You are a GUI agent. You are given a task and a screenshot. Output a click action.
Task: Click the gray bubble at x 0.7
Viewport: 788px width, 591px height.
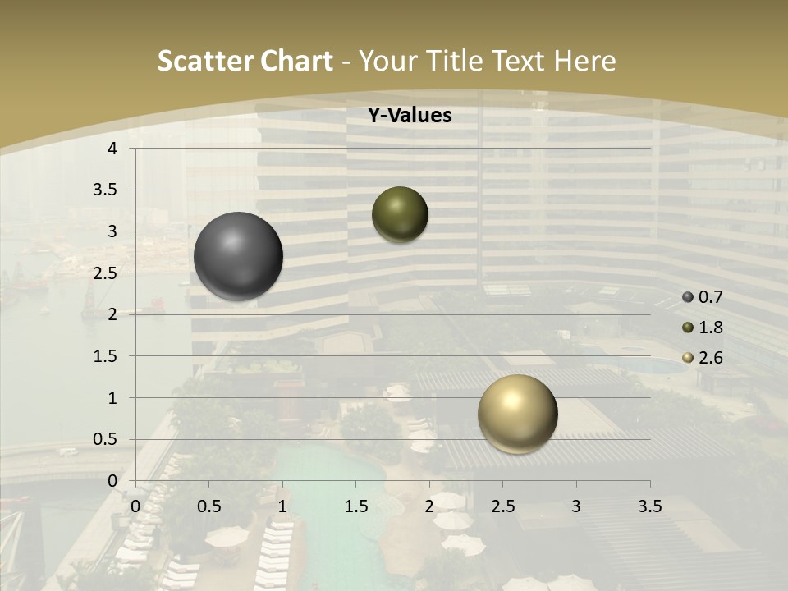(x=238, y=256)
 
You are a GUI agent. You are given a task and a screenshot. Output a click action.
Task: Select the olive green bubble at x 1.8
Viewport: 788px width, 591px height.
(x=400, y=214)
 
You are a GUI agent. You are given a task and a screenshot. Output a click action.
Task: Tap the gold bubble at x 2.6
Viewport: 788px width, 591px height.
(x=517, y=414)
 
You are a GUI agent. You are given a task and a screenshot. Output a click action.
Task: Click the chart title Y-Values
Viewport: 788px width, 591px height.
(x=410, y=116)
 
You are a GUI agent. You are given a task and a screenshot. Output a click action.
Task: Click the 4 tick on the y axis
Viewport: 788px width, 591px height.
(x=112, y=149)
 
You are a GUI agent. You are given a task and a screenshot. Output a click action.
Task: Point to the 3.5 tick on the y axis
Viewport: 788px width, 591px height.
(x=107, y=190)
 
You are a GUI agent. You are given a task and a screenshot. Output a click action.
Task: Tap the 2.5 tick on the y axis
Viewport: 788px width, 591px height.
(x=107, y=273)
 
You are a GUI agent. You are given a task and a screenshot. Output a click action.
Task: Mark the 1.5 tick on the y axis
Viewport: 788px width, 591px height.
(x=107, y=356)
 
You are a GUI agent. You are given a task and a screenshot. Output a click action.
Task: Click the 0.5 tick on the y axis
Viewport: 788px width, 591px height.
(x=107, y=439)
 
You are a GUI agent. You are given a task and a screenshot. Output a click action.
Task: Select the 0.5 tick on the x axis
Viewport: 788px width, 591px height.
(x=208, y=506)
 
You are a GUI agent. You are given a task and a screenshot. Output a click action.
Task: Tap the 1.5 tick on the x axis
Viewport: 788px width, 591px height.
(x=355, y=506)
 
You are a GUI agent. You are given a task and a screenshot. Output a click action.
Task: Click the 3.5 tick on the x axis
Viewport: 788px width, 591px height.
(x=649, y=506)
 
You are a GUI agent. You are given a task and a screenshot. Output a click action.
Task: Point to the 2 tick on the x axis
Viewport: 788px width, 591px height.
(x=429, y=506)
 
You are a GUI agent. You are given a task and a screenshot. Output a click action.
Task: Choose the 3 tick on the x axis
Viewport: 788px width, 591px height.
(x=576, y=506)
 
